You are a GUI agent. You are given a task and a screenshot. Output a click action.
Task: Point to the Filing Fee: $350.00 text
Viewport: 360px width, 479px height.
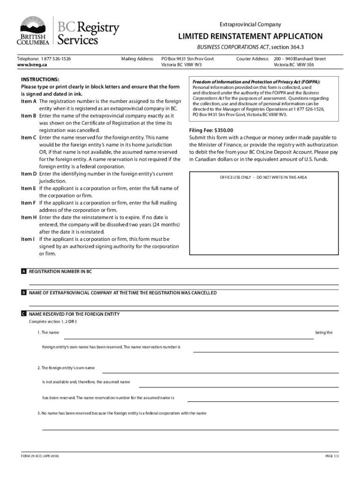point(211,131)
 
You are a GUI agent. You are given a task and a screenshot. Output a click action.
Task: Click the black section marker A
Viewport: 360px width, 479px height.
point(23,271)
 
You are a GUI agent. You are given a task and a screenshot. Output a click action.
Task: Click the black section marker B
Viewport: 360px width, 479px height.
point(23,293)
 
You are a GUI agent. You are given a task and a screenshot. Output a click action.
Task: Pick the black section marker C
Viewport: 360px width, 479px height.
point(23,314)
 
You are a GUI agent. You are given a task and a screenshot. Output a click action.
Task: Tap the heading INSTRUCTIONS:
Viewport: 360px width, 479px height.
point(40,80)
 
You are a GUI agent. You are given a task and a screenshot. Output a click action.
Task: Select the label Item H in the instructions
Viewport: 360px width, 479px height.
point(29,218)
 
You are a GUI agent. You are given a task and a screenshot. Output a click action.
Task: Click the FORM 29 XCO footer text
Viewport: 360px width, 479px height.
point(40,456)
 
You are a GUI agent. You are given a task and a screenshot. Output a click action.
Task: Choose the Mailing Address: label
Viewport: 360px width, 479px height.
point(137,59)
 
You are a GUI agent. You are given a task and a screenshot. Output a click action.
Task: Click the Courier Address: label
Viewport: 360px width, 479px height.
point(252,59)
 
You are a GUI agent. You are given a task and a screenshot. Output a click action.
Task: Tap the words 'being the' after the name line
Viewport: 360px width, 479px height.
point(324,333)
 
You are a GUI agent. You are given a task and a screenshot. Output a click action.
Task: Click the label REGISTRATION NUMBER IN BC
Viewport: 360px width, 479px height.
point(60,271)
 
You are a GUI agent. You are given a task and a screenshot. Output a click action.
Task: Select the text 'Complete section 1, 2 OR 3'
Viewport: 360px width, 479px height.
point(53,322)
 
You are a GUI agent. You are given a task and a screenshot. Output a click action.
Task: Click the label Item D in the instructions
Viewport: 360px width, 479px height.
point(29,174)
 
